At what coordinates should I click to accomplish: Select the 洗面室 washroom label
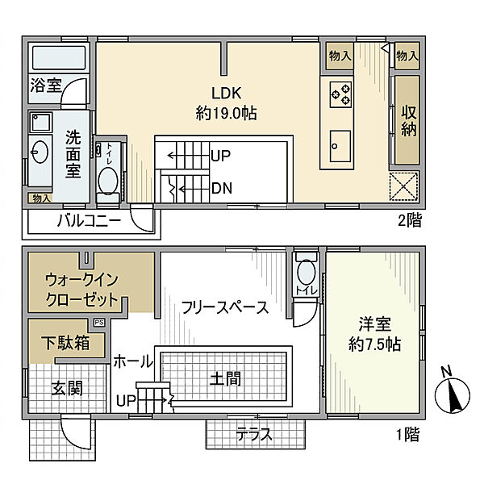pos(73,153)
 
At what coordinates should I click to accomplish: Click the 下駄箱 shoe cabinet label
pos(67,342)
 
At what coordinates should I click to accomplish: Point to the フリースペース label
pos(225,307)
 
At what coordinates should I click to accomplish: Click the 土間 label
pos(226,378)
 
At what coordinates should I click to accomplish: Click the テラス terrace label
pos(254,436)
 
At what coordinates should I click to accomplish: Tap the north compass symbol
pos(452,394)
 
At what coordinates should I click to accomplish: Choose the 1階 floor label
pos(408,436)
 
